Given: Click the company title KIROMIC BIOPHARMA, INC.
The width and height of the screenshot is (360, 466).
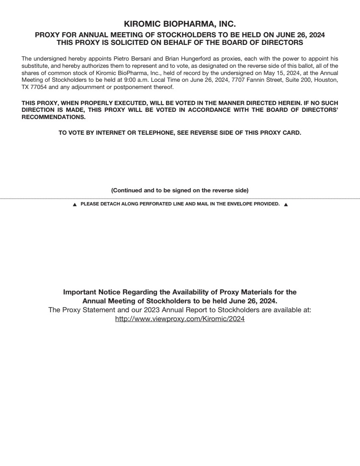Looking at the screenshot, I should click(x=180, y=25).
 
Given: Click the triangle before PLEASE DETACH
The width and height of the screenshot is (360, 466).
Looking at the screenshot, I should click(x=75, y=205).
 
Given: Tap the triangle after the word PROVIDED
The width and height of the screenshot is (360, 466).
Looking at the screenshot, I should click(x=285, y=205).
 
